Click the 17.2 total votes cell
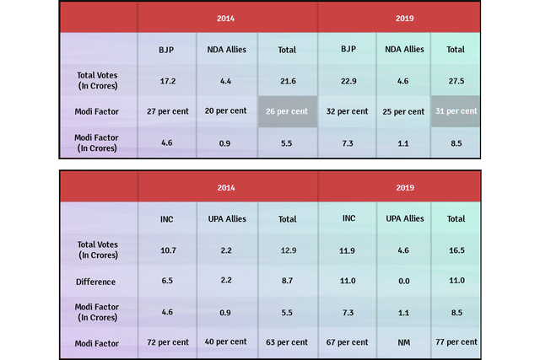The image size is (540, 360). tap(167, 80)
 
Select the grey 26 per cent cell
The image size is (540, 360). tap(287, 111)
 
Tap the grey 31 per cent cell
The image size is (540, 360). tap(456, 111)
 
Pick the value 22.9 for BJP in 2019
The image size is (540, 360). tap(347, 80)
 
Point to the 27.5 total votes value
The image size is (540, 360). tap(456, 80)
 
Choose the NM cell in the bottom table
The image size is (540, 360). tap(402, 342)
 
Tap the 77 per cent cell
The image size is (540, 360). tap(456, 342)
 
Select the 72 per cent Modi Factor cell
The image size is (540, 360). tap(167, 342)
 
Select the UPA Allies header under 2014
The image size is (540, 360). tap(226, 218)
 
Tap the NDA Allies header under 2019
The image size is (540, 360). tap(402, 49)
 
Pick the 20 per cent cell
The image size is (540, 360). tap(226, 111)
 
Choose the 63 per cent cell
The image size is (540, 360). tap(287, 342)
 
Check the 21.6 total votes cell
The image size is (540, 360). tap(287, 80)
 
